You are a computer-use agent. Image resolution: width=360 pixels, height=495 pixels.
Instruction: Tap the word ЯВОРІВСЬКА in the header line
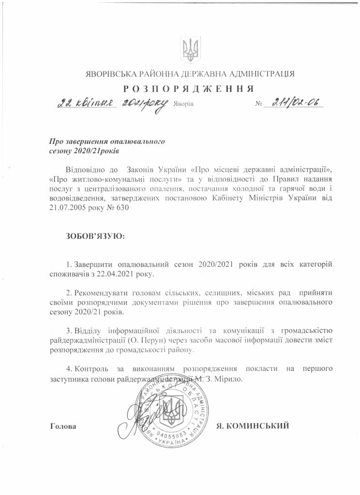105,74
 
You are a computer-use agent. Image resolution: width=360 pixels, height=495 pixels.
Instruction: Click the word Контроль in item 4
94,369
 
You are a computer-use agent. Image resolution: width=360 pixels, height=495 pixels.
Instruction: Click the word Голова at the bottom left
63,426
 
